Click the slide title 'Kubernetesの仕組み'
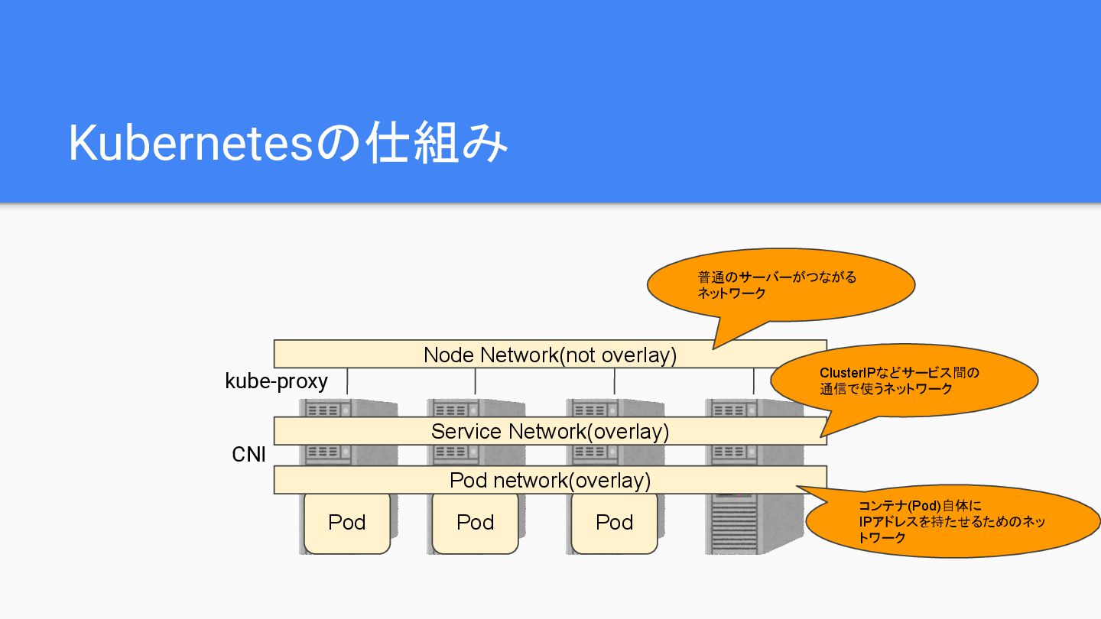(287, 143)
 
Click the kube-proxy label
(276, 381)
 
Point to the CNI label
(248, 455)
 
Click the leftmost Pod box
(347, 523)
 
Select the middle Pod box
(476, 523)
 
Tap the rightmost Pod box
(614, 523)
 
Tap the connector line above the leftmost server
(348, 381)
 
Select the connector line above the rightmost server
(754, 381)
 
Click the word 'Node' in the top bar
(449, 355)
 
